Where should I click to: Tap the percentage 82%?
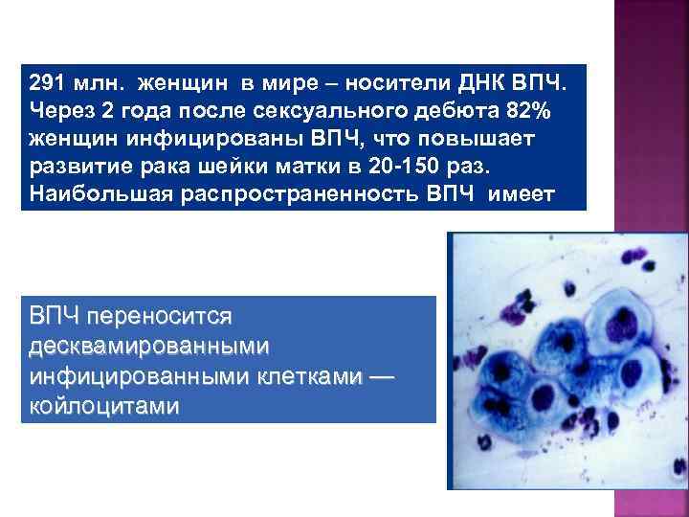526,111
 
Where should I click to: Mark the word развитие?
75,169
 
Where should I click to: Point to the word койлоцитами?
104,406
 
